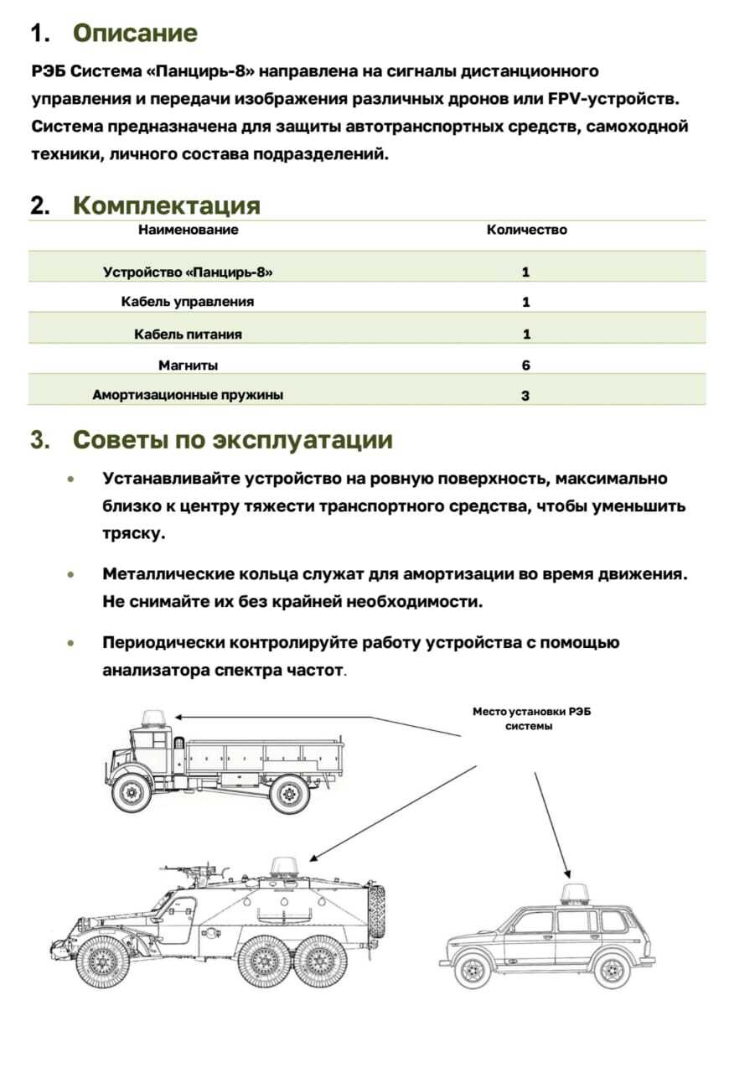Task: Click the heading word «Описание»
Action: pos(135,34)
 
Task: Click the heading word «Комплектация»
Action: pos(166,205)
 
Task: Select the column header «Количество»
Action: pos(526,230)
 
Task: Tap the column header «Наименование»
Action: pos(188,230)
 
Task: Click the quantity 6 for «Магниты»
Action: pos(526,365)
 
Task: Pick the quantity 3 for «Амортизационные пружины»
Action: pos(525,396)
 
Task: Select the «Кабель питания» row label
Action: pos(188,334)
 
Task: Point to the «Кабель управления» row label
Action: pos(188,302)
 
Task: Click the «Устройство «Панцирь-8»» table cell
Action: pos(188,272)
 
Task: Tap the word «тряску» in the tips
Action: pos(133,534)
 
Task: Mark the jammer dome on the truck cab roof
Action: pos(154,718)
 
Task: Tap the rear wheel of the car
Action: pos(612,971)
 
